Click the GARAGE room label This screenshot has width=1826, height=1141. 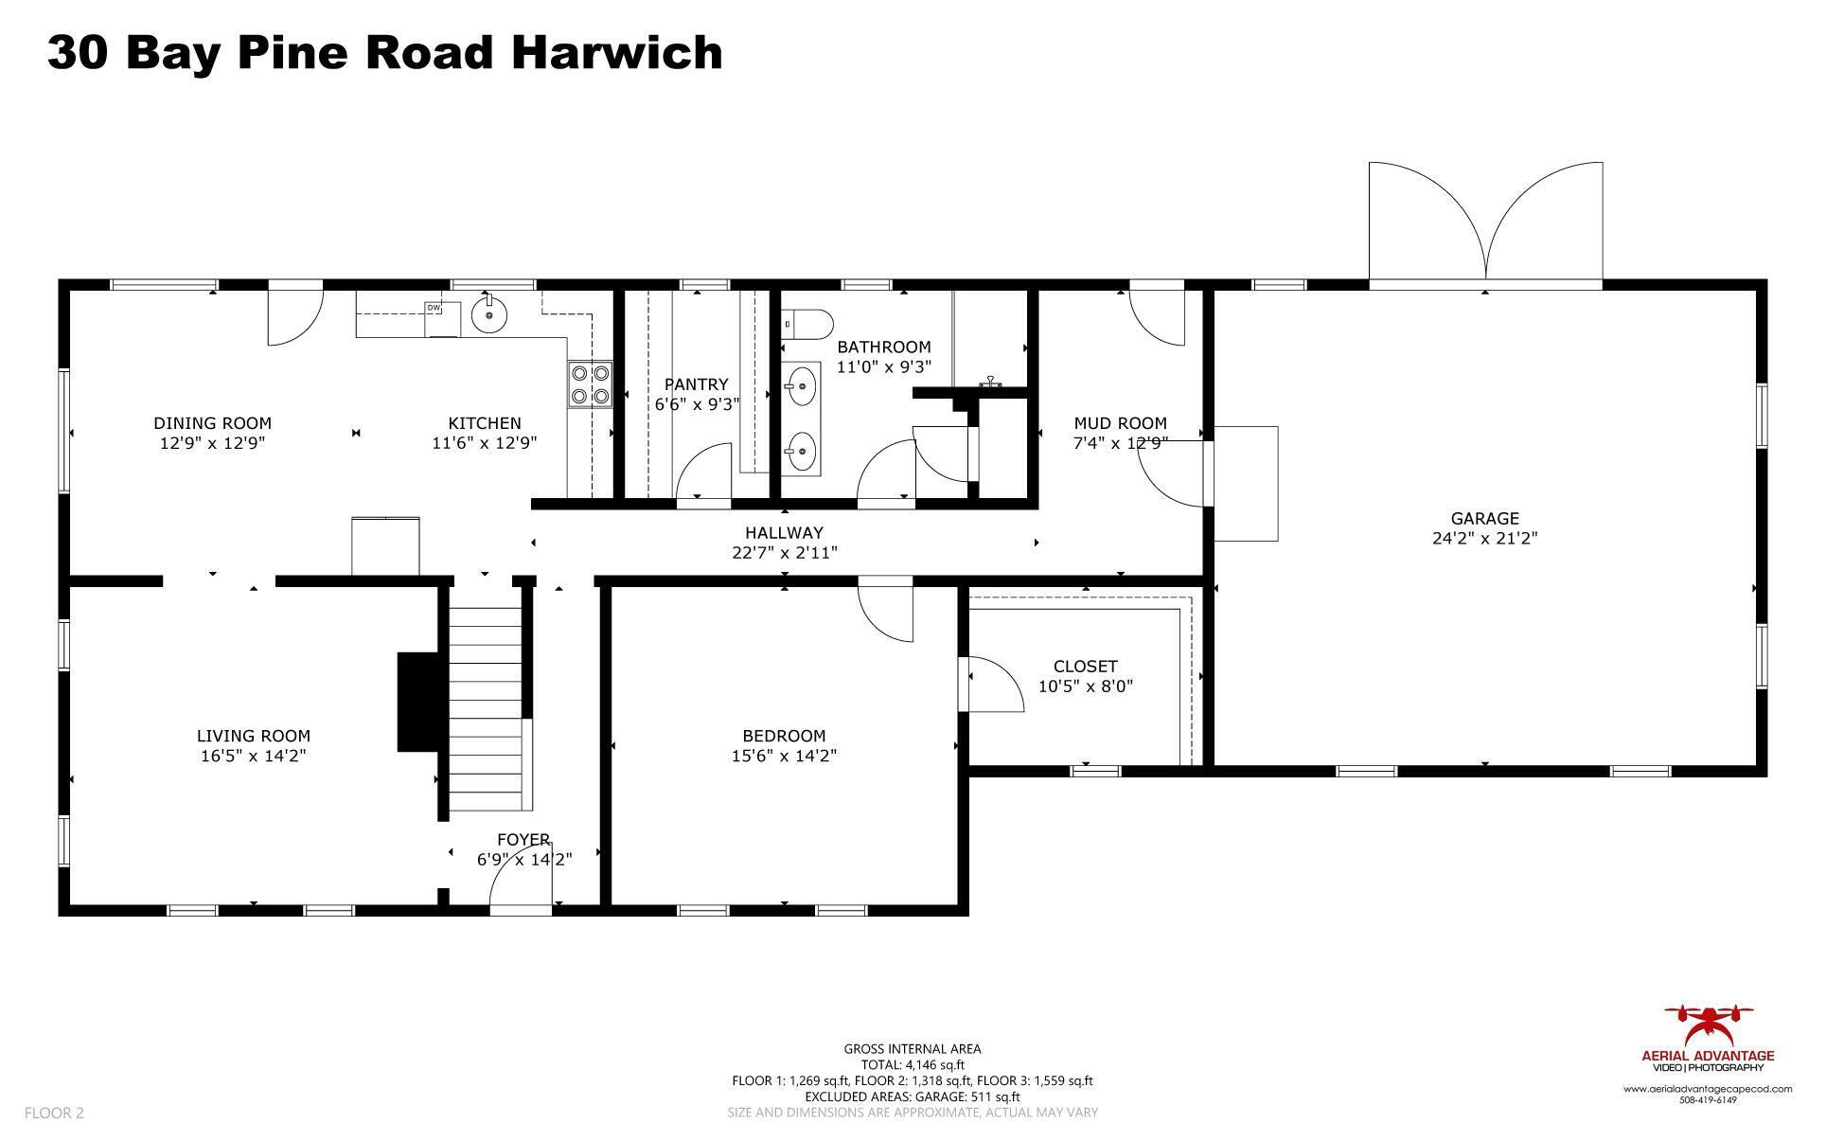pos(1483,519)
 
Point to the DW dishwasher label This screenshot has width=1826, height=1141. pos(434,308)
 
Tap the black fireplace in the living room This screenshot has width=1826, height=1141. pos(415,702)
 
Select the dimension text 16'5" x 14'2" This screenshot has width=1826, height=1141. pos(253,756)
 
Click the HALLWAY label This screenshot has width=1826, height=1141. pos(783,533)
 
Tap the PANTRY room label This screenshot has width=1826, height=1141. pos(696,384)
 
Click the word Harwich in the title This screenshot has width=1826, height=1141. pos(616,52)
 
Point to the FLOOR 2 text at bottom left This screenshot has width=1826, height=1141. pos(54,1113)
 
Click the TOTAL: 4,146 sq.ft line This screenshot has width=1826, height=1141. pos(912,1064)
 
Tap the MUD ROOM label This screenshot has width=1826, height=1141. pos(1119,423)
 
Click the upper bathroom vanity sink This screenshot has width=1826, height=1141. pos(801,386)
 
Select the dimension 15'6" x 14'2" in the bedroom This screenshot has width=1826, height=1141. pos(783,756)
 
